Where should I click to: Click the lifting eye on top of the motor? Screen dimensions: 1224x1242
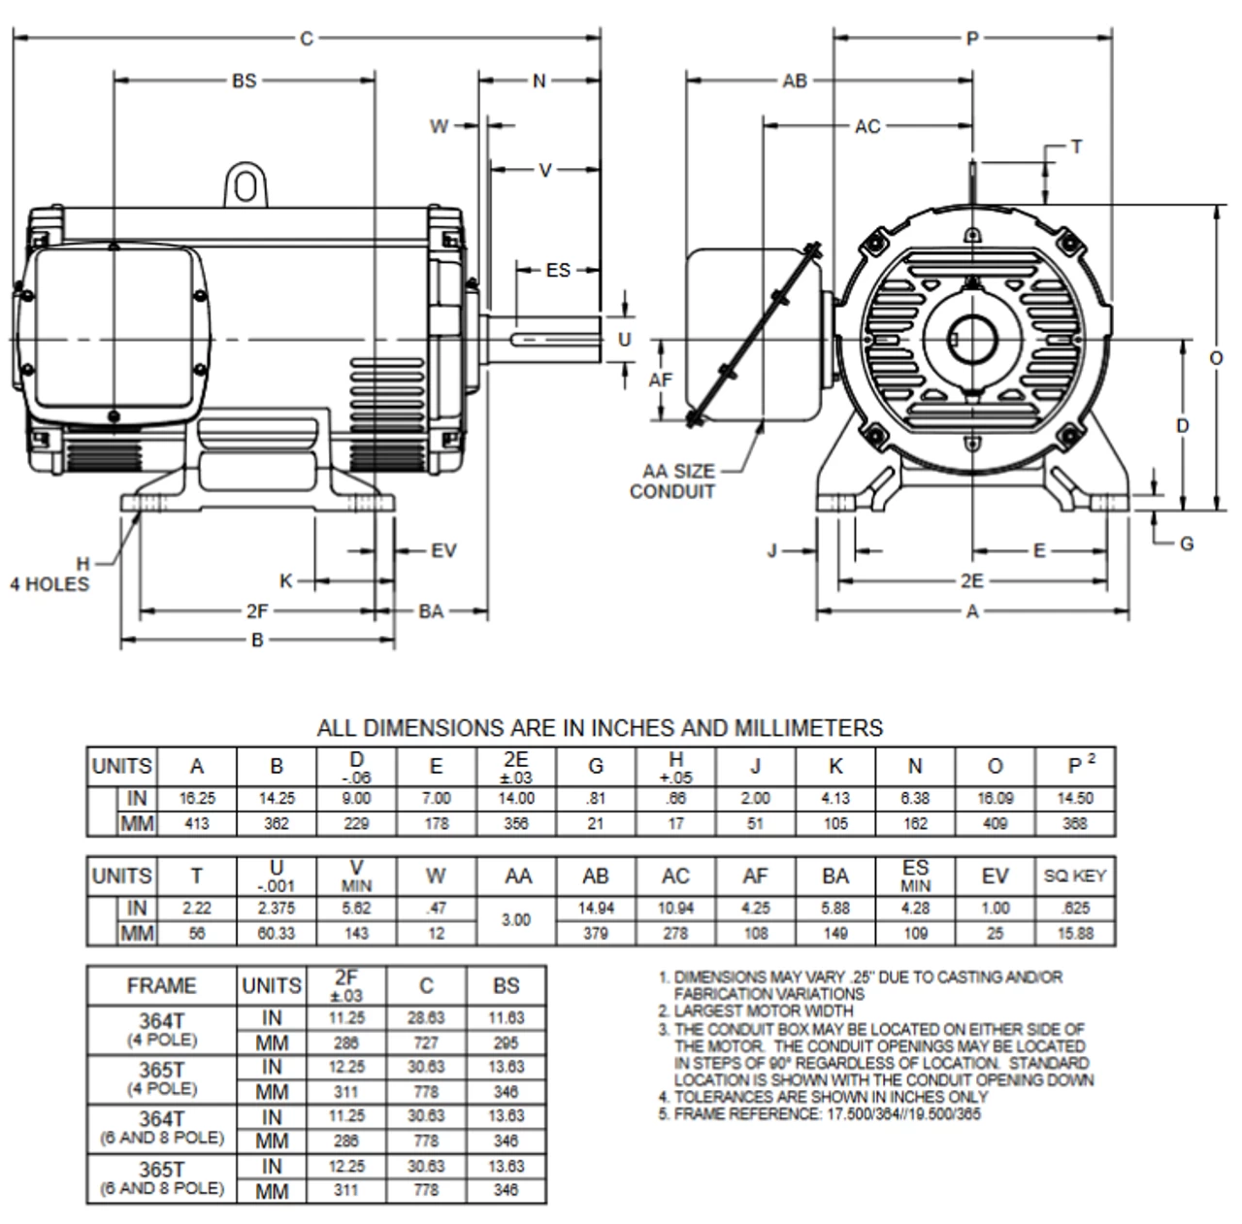245,184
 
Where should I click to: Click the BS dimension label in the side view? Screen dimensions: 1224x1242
244,82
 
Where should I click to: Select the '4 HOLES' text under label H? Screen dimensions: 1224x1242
49,584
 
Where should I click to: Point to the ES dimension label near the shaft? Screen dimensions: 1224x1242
558,270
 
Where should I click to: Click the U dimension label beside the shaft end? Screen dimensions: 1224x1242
625,340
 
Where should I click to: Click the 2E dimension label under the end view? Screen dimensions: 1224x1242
971,580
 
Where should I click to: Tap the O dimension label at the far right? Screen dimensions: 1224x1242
1216,358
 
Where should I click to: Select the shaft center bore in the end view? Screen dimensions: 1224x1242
971,340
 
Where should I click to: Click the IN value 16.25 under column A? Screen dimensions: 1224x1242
197,799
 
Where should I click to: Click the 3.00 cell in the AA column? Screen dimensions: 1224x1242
516,919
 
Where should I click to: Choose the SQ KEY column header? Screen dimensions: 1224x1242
1075,877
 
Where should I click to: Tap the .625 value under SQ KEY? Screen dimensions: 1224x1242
1075,909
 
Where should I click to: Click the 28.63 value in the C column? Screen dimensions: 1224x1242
426,1018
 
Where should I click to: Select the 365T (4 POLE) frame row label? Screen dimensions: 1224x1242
162,1075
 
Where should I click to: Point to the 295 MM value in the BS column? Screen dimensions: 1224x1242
506,1043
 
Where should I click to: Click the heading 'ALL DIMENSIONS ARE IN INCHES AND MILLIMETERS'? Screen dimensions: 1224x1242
600,728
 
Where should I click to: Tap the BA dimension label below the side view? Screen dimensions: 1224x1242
431,612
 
